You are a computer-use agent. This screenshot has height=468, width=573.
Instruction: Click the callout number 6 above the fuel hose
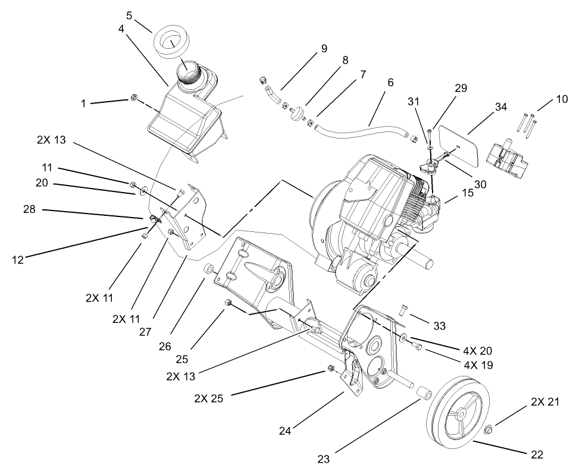[x=390, y=83]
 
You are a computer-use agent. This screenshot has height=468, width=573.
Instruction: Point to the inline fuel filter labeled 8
[x=296, y=115]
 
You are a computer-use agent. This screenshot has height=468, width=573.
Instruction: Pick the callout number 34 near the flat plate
[x=501, y=107]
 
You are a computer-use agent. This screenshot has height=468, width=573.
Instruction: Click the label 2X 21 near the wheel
[x=545, y=402]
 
